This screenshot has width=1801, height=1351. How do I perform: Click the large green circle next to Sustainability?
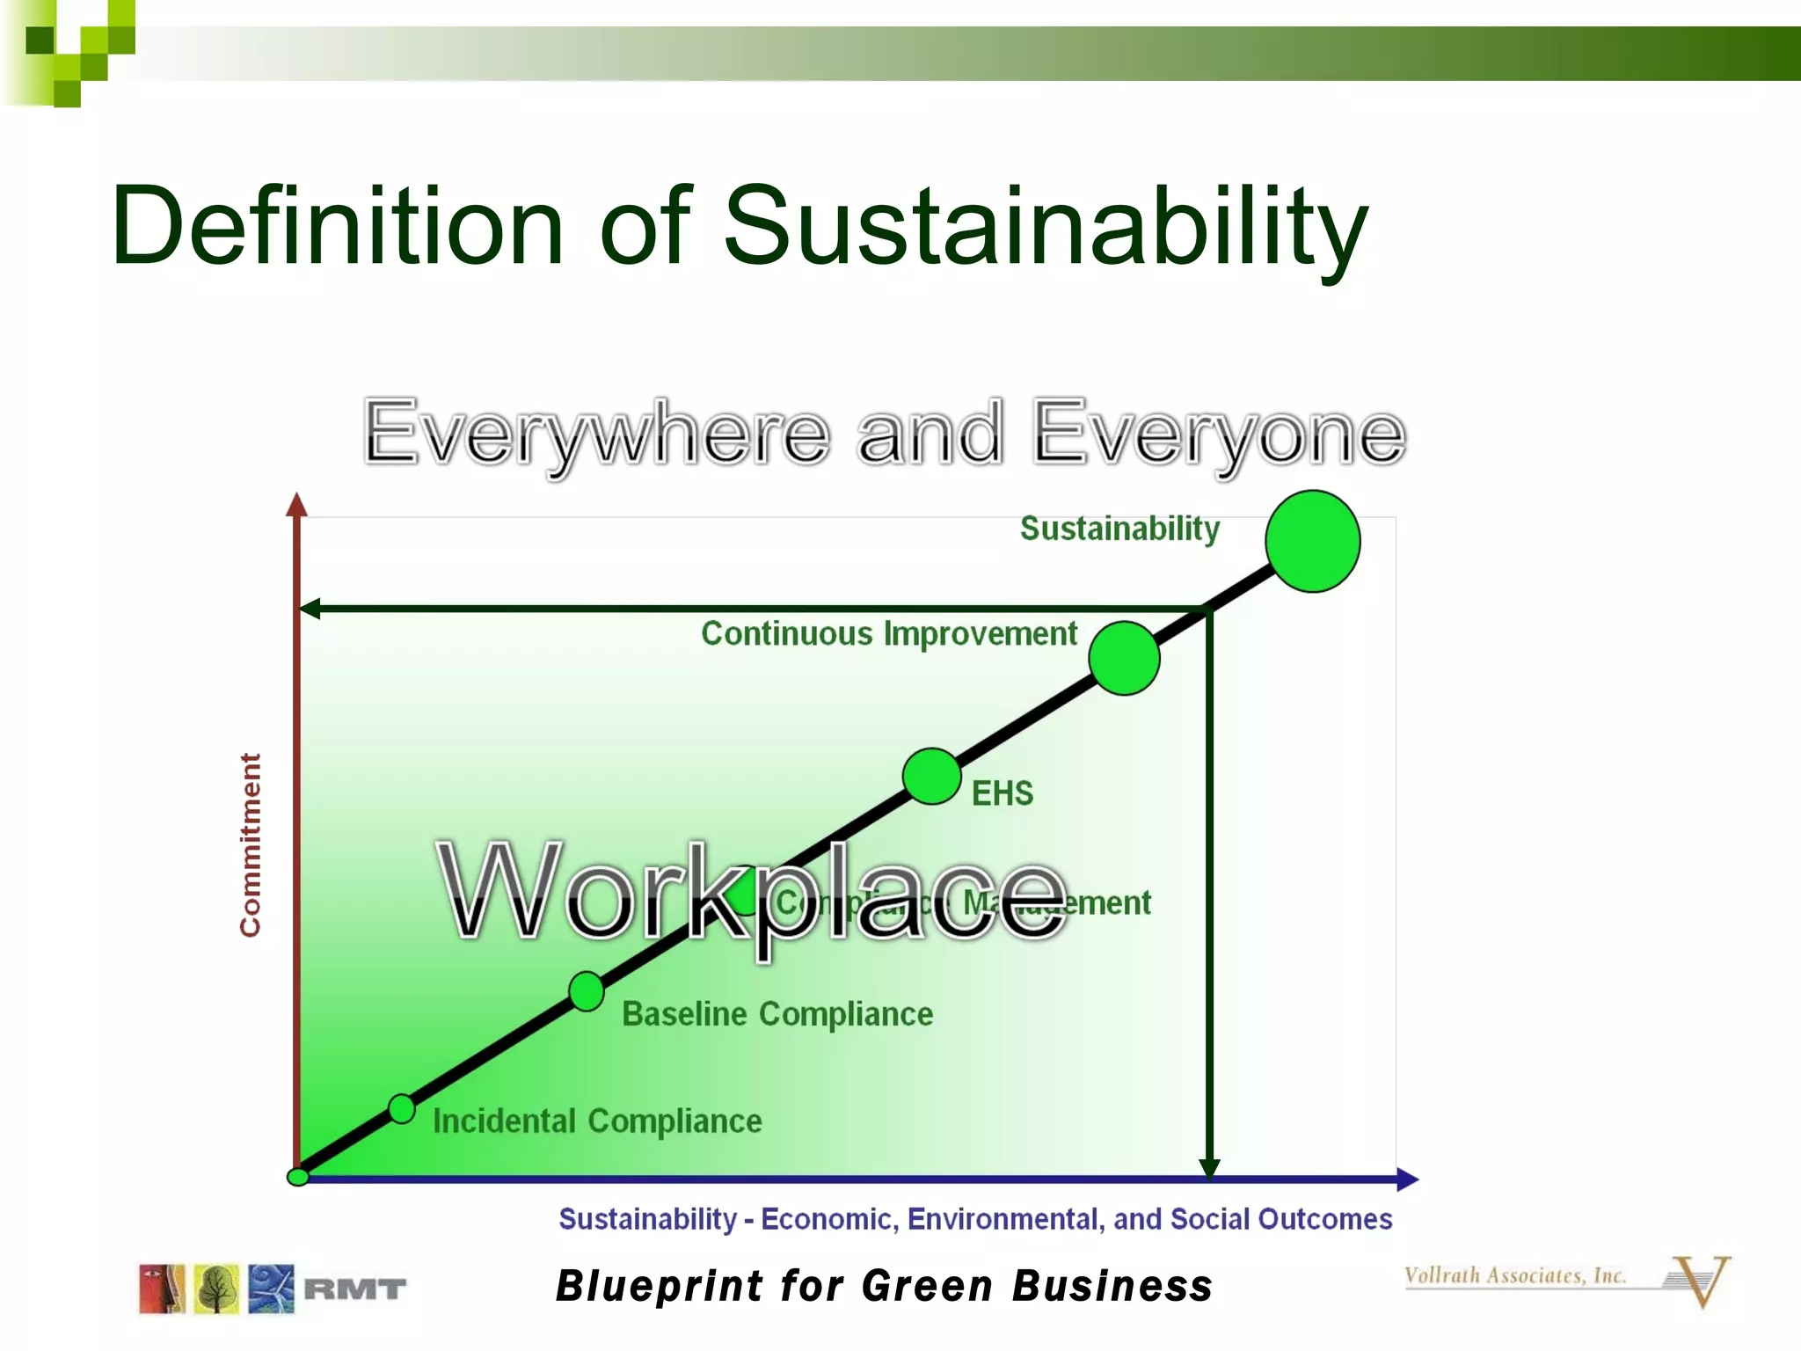[1313, 541]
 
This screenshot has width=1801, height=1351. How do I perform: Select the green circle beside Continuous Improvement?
[1124, 658]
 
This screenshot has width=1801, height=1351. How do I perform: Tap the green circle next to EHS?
[931, 776]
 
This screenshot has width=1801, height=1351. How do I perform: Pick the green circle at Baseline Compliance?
[586, 991]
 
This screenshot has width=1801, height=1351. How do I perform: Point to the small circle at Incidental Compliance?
[402, 1108]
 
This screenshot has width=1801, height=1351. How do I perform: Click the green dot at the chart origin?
[298, 1177]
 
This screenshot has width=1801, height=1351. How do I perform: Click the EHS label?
[1002, 793]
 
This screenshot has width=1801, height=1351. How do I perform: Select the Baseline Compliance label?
[777, 1014]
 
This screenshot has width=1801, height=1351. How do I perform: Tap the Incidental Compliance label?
[597, 1121]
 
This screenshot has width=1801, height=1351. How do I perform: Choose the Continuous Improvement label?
[888, 633]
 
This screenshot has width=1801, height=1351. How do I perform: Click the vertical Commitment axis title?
[251, 844]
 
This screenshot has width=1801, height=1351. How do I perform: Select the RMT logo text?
[354, 1289]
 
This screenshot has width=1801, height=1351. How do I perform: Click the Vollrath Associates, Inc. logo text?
[1514, 1275]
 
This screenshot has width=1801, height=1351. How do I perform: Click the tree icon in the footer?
[216, 1289]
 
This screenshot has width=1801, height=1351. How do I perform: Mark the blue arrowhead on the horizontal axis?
[1407, 1179]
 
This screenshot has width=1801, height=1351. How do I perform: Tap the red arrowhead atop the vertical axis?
[297, 505]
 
